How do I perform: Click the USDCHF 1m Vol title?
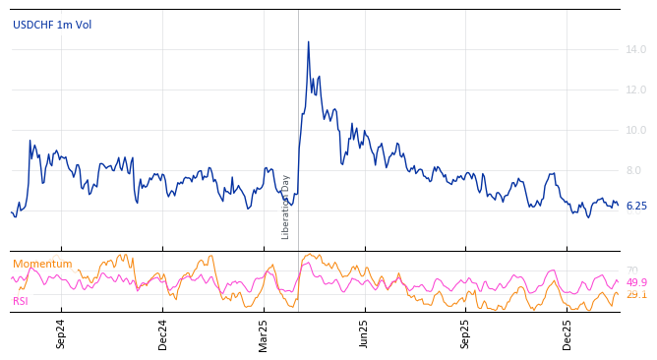coord(52,25)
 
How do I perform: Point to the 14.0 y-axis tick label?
coord(635,50)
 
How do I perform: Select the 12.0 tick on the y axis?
coord(635,90)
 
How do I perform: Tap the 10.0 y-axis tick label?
coord(635,131)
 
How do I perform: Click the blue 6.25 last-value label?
coord(636,207)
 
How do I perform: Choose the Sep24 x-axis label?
coord(61,333)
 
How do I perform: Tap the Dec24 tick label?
coord(163,333)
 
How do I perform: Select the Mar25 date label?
coord(264,333)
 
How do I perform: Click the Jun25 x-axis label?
coord(365,333)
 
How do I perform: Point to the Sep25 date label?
coord(466,333)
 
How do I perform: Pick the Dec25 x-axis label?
coord(567,333)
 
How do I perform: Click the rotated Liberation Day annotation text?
coord(286,207)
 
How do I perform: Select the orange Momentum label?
coord(42,265)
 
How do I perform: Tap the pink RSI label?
coord(21,301)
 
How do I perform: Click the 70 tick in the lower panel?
coord(632,270)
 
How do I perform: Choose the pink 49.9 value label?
coord(636,283)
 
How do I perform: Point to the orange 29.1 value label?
coord(636,295)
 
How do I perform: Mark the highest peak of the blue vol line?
coord(308,42)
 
